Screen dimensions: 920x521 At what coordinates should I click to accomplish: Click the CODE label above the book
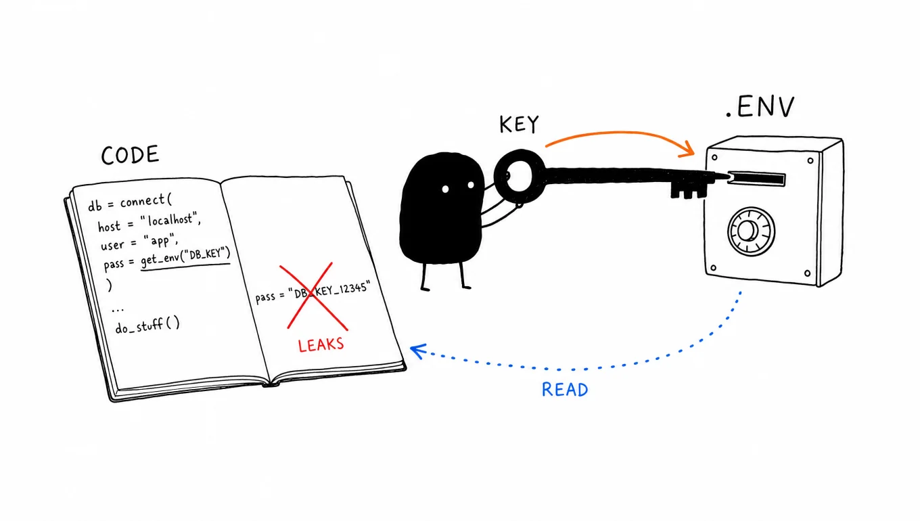coord(130,156)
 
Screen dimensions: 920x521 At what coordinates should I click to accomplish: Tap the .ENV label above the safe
coord(760,108)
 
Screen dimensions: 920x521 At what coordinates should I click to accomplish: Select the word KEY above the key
coord(519,124)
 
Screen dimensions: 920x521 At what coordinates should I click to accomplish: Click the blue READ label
coord(565,390)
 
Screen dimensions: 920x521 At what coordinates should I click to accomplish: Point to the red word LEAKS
coord(321,345)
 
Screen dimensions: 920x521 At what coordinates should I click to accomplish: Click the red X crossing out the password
coord(313,296)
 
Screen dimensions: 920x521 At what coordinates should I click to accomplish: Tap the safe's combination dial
coord(751,231)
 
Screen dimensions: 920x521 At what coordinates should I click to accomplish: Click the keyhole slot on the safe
coord(756,179)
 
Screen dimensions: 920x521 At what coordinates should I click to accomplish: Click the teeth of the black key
coord(688,191)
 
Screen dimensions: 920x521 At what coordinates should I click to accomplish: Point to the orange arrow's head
coord(687,150)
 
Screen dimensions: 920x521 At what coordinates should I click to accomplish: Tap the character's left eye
coord(445,189)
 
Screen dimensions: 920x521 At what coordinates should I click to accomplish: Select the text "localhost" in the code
coord(170,221)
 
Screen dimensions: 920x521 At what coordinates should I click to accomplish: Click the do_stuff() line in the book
coord(147,325)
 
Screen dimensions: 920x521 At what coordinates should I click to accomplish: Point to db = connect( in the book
coord(130,202)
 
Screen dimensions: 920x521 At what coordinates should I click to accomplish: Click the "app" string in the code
coord(160,240)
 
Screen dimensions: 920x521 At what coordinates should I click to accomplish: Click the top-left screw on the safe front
coord(714,158)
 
